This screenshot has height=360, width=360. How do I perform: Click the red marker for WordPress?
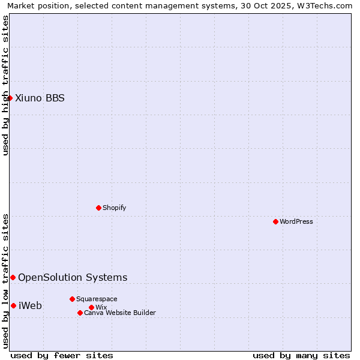click(275, 221)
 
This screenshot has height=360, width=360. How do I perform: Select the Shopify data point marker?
click(98, 208)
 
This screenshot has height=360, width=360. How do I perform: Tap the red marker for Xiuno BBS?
click(10, 98)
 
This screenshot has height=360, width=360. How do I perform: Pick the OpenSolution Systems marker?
click(13, 277)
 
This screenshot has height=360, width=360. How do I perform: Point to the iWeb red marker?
click(13, 305)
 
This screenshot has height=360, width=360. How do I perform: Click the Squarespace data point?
click(72, 299)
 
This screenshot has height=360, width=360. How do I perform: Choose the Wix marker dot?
click(91, 307)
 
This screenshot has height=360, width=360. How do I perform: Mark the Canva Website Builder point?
click(80, 313)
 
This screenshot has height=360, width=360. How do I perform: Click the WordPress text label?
click(296, 221)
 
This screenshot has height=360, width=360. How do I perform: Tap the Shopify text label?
click(114, 208)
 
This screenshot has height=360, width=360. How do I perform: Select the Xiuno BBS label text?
click(40, 98)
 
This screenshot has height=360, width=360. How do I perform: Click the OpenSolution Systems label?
click(73, 277)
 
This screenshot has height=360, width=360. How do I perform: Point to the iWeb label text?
click(30, 305)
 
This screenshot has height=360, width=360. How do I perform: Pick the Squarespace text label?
click(97, 299)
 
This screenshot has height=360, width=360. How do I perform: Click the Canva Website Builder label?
click(120, 313)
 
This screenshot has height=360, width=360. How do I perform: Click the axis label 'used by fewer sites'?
click(62, 355)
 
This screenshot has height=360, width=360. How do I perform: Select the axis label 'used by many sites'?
click(301, 355)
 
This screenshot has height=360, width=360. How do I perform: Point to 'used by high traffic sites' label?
click(5, 85)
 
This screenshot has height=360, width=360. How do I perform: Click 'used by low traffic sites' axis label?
click(5, 281)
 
